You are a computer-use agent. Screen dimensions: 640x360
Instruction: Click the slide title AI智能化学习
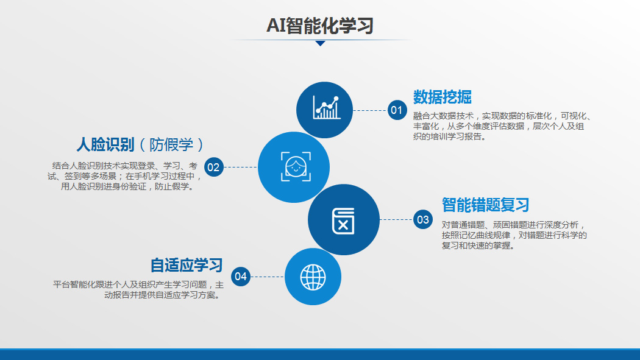pyautogui.click(x=320, y=25)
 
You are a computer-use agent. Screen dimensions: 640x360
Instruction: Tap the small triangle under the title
pyautogui.click(x=321, y=43)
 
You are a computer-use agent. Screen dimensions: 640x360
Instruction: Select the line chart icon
pyautogui.click(x=327, y=108)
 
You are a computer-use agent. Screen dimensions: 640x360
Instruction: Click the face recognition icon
pyautogui.click(x=296, y=167)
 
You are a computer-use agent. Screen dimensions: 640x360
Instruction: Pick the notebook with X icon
pyautogui.click(x=343, y=221)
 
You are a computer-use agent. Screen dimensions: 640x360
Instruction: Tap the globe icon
pyautogui.click(x=313, y=277)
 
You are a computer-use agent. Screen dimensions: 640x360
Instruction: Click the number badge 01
pyautogui.click(x=397, y=110)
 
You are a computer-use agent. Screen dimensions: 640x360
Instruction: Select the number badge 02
pyautogui.click(x=214, y=167)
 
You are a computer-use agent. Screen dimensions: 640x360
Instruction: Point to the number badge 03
pyautogui.click(x=423, y=219)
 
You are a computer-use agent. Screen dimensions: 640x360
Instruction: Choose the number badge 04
pyautogui.click(x=241, y=277)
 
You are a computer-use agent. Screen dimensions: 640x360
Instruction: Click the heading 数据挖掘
pyautogui.click(x=442, y=97)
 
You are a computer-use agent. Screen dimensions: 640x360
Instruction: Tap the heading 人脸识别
pyautogui.click(x=105, y=145)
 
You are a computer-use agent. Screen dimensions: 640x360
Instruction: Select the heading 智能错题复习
pyautogui.click(x=485, y=205)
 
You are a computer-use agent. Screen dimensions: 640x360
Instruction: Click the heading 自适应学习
pyautogui.click(x=187, y=265)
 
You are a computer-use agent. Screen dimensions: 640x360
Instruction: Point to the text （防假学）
pyautogui.click(x=171, y=145)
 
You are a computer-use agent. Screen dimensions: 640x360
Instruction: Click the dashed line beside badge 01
pyautogui.click(x=370, y=110)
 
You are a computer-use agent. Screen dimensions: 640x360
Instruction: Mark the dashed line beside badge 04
pyautogui.click(x=268, y=277)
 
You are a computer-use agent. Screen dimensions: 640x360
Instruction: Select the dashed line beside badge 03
pyautogui.click(x=396, y=219)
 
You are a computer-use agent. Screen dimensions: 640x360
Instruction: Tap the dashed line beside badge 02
pyautogui.click(x=241, y=167)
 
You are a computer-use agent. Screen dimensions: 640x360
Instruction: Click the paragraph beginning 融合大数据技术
pyautogui.click(x=502, y=126)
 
